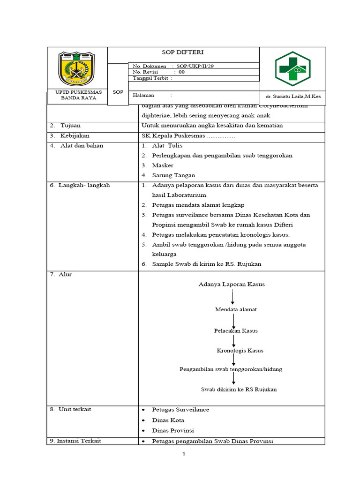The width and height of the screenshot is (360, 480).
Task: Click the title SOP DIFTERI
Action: point(183,52)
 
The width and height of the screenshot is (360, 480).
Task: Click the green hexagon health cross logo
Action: point(292,69)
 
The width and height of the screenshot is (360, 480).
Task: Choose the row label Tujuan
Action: point(70,126)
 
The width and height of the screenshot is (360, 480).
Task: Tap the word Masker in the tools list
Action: point(163,165)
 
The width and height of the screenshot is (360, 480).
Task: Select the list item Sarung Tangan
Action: point(173,175)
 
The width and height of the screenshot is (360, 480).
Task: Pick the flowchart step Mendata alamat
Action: point(236,309)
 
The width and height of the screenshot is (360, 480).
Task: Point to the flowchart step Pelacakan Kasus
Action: point(236,330)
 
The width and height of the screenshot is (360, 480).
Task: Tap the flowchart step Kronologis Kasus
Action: point(240,351)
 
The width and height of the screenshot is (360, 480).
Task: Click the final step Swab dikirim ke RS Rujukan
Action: point(239,390)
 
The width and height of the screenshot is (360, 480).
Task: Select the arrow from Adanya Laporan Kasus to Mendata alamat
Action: point(233,297)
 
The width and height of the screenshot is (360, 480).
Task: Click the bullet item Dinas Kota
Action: point(168,420)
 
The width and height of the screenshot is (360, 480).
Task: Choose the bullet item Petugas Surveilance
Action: point(180,410)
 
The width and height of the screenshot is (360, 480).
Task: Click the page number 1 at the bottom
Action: point(184,454)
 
